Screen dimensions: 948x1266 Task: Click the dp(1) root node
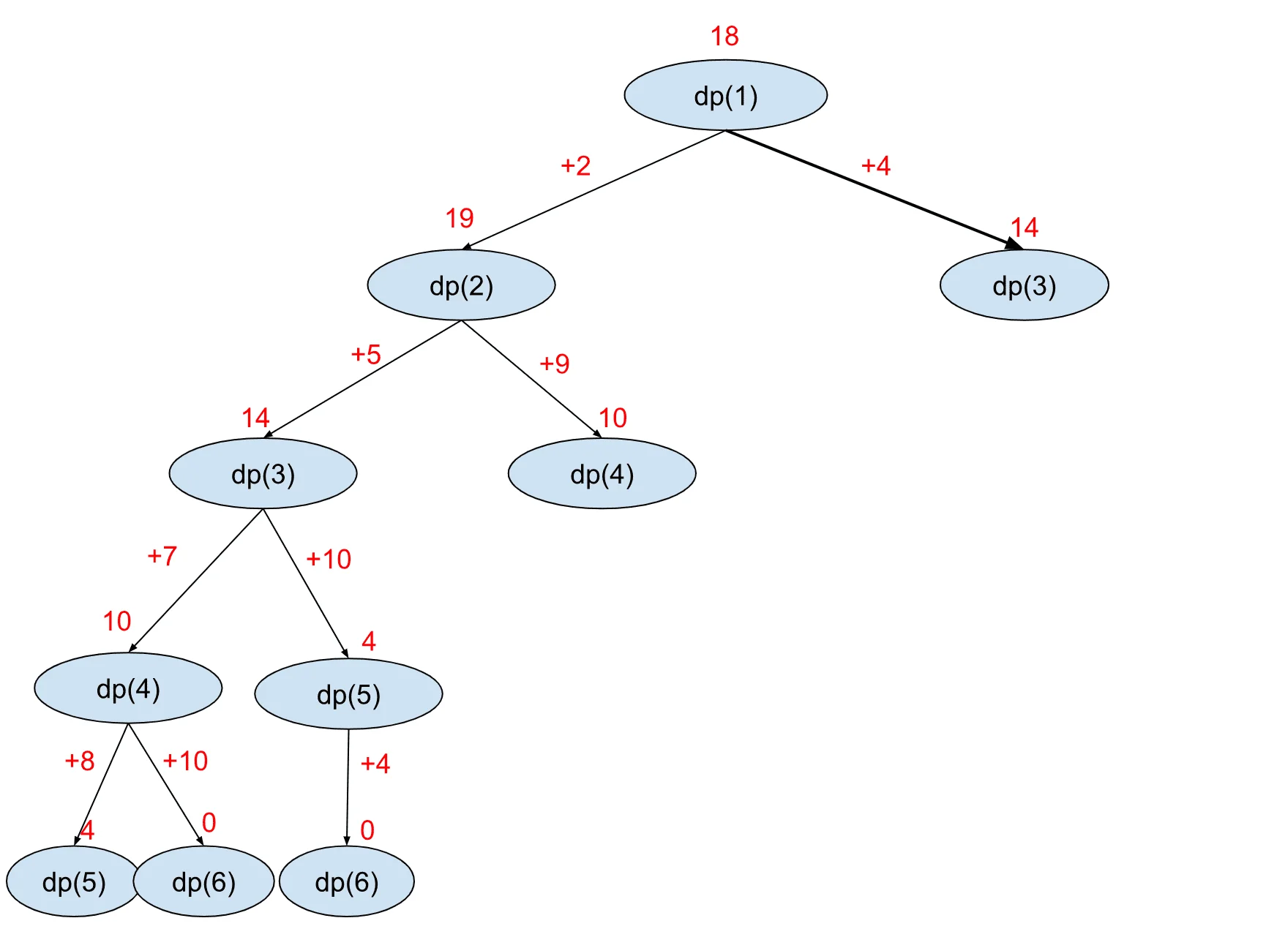[x=725, y=96]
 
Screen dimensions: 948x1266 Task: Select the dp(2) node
[x=461, y=285]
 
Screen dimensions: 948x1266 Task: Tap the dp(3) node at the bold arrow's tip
[x=1024, y=285]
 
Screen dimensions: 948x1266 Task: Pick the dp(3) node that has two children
[x=263, y=474]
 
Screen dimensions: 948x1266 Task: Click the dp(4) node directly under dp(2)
[x=602, y=474]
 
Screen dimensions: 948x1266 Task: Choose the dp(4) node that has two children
[x=128, y=688]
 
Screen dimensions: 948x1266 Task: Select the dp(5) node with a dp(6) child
[x=348, y=694]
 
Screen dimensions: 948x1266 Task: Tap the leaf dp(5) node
[x=73, y=881]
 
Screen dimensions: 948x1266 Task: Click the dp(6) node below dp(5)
[x=347, y=881]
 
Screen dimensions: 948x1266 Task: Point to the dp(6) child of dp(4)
[x=204, y=881]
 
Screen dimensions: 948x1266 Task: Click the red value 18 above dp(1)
[x=724, y=36]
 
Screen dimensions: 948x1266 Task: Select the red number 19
[x=460, y=218]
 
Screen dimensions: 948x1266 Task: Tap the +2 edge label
[x=575, y=166]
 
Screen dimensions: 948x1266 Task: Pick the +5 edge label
[x=366, y=355]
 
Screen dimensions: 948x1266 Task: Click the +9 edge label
[x=555, y=364]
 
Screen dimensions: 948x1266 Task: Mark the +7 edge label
[x=162, y=556]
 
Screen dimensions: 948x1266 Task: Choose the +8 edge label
[x=80, y=761]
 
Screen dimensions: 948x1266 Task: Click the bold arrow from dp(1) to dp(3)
[x=871, y=189]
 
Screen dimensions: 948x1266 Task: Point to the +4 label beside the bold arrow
[x=875, y=166]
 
